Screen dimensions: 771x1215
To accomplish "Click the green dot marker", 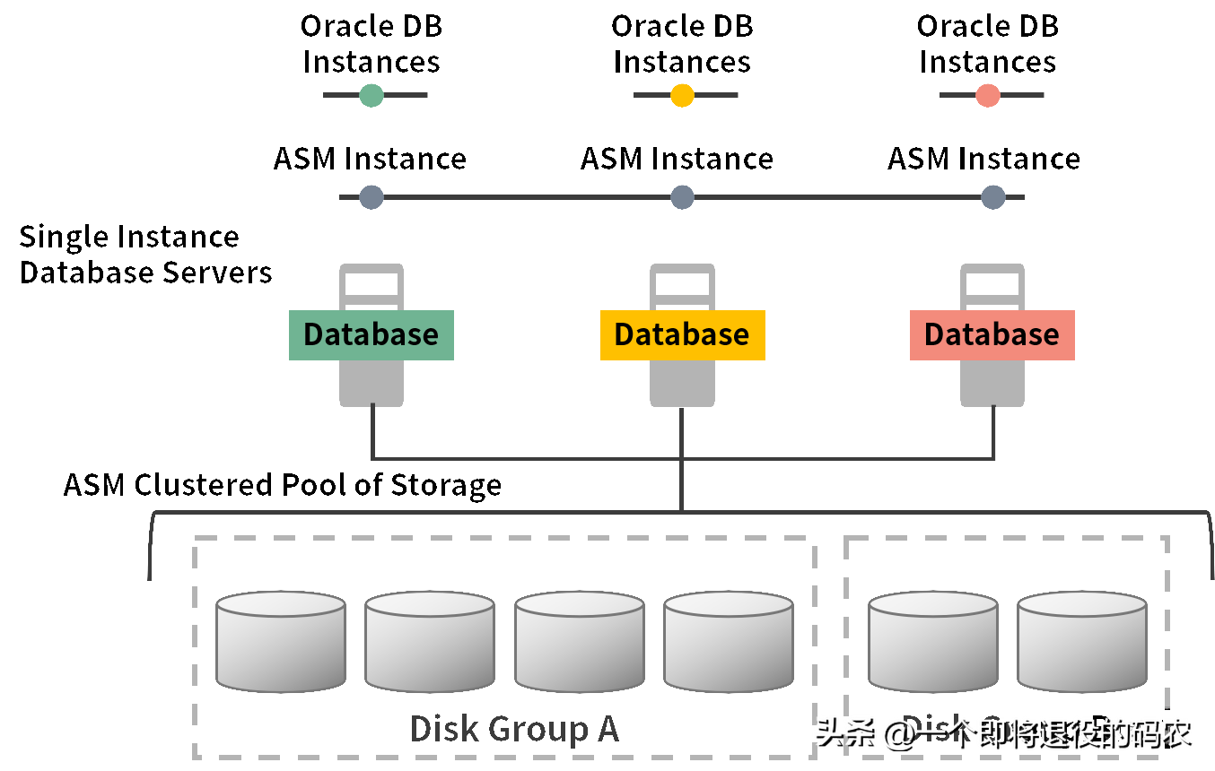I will pyautogui.click(x=371, y=95).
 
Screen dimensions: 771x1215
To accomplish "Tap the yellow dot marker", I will pyautogui.click(x=682, y=95).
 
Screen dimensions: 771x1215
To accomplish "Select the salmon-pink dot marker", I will pyautogui.click(x=988, y=95).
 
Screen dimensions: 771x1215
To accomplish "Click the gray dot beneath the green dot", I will pyautogui.click(x=371, y=197).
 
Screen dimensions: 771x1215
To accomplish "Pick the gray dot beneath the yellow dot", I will pyautogui.click(x=682, y=197).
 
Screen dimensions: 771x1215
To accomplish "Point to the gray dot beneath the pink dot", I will pyautogui.click(x=992, y=197).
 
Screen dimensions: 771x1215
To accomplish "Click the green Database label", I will pyautogui.click(x=371, y=335).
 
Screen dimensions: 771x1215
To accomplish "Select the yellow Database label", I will pyautogui.click(x=682, y=335).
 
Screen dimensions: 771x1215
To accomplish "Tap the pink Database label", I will pyautogui.click(x=992, y=335).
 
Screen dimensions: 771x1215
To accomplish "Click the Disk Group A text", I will pyautogui.click(x=514, y=730).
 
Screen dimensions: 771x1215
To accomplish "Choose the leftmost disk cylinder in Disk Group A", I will pyautogui.click(x=281, y=642).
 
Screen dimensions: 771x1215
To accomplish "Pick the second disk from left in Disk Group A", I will pyautogui.click(x=430, y=642).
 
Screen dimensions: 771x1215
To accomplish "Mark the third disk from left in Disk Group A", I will pyautogui.click(x=579, y=642).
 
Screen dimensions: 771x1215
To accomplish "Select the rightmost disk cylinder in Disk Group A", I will pyautogui.click(x=729, y=642).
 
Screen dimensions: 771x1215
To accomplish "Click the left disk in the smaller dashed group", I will pyautogui.click(x=933, y=642).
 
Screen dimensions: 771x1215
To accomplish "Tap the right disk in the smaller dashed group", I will pyautogui.click(x=1082, y=642).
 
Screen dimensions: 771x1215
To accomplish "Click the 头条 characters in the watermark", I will pyautogui.click(x=844, y=732).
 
